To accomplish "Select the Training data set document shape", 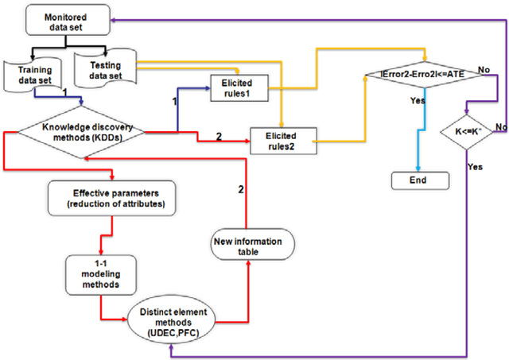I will click(33, 75).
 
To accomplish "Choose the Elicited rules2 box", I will click(283, 141).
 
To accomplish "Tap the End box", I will click(418, 180).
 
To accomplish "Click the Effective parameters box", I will click(109, 198).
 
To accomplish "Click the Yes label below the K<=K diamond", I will click(475, 168).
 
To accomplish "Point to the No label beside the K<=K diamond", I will click(499, 126).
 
